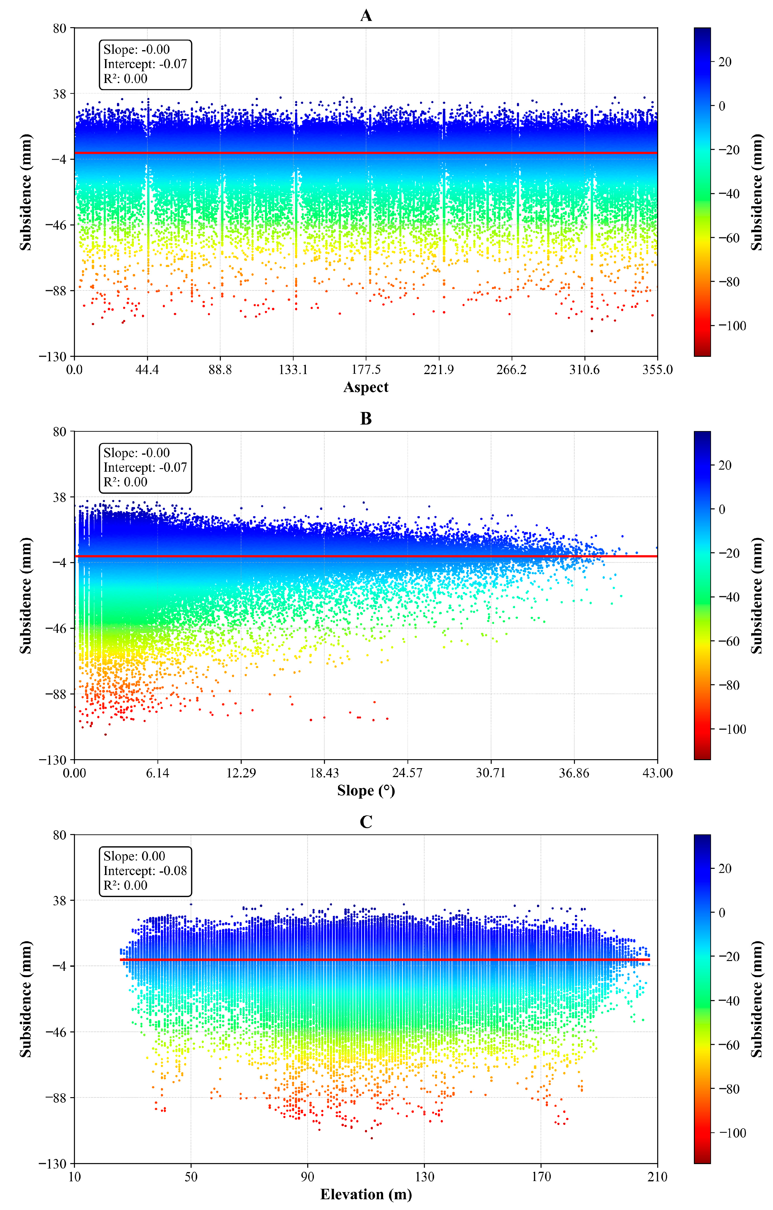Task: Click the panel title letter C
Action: pos(366,822)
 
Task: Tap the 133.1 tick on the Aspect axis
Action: pos(293,370)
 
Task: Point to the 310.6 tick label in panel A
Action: pos(584,370)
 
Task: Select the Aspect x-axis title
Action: pos(366,388)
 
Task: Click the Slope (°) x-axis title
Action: pos(366,791)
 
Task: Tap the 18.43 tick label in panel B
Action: pos(324,773)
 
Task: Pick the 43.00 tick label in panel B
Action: pos(657,773)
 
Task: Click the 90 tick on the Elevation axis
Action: pos(307,1177)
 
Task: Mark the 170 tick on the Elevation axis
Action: pos(541,1177)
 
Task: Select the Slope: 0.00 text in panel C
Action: pos(134,856)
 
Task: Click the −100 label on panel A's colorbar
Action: pos(732,326)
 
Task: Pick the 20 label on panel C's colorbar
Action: pos(724,868)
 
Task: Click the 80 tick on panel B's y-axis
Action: pos(59,432)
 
